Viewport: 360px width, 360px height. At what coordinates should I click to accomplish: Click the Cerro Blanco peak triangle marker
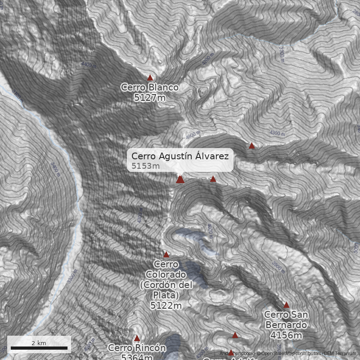point(150,78)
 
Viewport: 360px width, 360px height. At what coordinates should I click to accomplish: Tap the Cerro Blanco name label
point(150,87)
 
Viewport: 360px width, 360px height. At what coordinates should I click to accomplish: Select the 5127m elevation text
point(150,97)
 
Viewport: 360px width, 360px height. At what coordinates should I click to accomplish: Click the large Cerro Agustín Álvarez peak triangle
point(180,180)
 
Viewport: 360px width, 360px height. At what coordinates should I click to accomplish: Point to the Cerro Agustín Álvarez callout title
point(180,156)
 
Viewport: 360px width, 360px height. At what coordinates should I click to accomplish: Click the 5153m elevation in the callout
point(146,166)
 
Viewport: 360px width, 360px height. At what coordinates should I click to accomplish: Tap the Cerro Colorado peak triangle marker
point(166,254)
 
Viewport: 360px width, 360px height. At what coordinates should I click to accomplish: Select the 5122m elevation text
point(166,306)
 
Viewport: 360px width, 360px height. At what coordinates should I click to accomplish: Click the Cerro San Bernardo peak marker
point(286,305)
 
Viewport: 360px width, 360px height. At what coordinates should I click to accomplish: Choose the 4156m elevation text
point(286,335)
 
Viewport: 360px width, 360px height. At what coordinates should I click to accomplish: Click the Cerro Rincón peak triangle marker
point(137,338)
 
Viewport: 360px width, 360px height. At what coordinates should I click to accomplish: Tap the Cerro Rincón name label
point(137,348)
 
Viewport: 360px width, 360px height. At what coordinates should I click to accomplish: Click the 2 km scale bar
point(39,348)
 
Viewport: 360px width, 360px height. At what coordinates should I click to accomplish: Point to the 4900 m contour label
point(192,135)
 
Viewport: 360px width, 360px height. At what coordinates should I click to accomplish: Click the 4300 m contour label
point(277,133)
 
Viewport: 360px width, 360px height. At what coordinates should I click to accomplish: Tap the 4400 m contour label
point(89,65)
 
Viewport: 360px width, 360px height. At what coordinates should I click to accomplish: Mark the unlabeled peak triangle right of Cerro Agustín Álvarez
point(213,179)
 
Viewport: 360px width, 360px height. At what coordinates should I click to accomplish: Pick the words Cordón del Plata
point(166,290)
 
